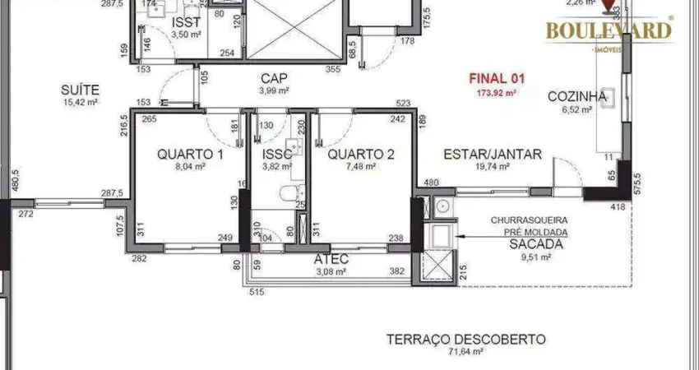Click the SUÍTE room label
point(81,89)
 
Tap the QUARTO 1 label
point(190,154)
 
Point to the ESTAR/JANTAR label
point(492,154)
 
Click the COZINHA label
point(577,96)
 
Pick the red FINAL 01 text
point(496,79)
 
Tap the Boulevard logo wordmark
point(609,31)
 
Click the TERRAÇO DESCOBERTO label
point(465,339)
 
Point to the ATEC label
point(331,260)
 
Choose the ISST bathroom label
point(187,22)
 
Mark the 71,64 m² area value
point(465,352)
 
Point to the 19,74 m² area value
point(492,166)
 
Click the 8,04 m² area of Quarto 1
point(190,166)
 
